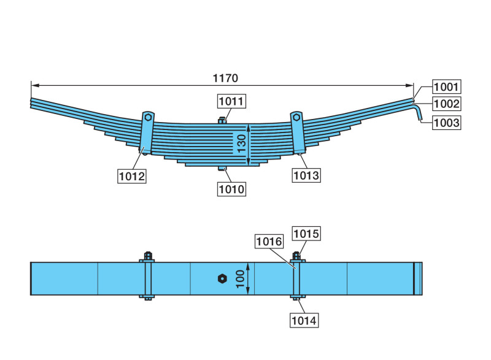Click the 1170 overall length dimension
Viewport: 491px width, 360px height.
225,78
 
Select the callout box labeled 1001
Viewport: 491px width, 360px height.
446,86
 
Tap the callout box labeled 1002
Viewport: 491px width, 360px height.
446,104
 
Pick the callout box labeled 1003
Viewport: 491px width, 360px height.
446,123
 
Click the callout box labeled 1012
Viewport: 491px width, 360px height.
131,177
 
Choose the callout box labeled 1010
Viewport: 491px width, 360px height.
231,189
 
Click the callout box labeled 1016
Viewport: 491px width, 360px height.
270,242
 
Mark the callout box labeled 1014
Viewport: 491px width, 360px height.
304,319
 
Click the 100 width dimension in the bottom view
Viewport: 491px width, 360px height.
239,279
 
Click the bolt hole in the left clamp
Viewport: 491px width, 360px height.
148,117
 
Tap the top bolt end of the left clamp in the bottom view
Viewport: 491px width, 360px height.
148,255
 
